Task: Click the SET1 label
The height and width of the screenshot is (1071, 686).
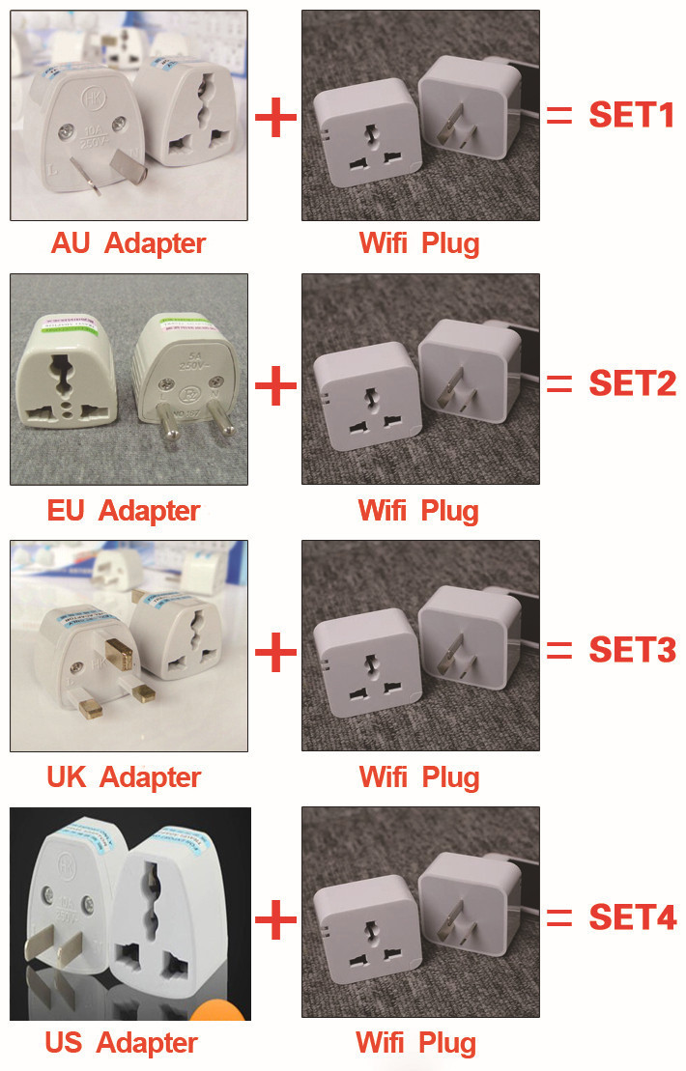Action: [631, 116]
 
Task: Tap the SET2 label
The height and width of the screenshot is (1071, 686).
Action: [631, 383]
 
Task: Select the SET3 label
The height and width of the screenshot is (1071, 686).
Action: [631, 650]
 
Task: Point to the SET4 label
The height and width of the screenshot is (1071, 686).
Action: [631, 917]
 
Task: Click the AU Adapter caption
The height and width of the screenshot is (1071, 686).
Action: [128, 242]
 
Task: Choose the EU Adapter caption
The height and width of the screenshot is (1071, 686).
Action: [124, 509]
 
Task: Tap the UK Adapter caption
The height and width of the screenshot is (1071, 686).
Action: [124, 776]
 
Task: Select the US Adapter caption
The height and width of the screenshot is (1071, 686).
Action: [121, 1043]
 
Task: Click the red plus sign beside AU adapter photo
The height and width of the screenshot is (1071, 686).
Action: [275, 118]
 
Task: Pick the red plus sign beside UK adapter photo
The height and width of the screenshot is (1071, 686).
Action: [275, 653]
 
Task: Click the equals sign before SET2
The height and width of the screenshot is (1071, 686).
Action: [559, 384]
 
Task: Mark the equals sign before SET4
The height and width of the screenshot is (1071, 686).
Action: [559, 918]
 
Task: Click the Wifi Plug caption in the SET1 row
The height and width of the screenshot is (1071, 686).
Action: [418, 242]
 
